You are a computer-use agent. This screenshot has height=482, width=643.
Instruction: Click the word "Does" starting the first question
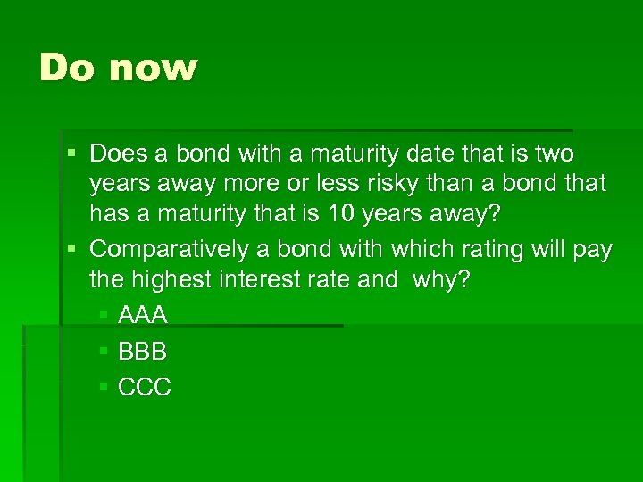click(x=121, y=154)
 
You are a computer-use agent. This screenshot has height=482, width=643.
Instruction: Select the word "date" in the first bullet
click(x=429, y=154)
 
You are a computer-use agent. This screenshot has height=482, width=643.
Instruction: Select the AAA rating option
click(x=143, y=315)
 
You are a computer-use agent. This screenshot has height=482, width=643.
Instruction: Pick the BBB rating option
click(x=143, y=351)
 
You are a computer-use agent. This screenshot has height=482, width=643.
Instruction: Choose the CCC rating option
click(x=145, y=387)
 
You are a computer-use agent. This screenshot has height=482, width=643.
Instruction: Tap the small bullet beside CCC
click(x=104, y=387)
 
